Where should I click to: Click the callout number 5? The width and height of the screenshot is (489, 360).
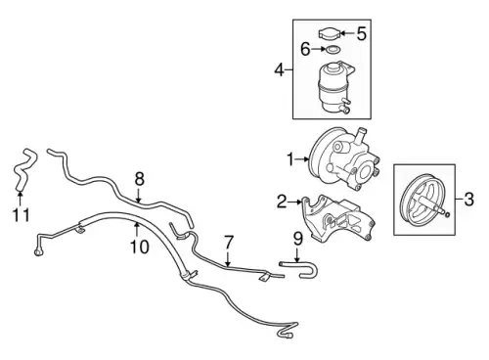point(361,33)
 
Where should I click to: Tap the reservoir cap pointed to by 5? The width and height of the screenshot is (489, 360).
point(330,33)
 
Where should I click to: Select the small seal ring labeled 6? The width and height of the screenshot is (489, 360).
point(333,50)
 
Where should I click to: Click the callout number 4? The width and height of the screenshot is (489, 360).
point(280,69)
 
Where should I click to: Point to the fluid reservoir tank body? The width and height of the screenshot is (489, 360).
point(334,87)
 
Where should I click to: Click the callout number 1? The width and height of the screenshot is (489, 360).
point(290,159)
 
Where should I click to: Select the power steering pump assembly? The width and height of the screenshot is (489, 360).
point(344,159)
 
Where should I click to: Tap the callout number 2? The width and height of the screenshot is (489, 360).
point(282,202)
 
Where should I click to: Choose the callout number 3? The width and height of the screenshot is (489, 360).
point(468,200)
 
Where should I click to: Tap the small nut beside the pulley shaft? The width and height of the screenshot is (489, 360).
point(448,214)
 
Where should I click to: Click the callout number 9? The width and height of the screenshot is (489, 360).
point(298,239)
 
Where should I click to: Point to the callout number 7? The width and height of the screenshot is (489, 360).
point(229,243)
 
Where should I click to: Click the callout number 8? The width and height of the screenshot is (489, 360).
point(139,179)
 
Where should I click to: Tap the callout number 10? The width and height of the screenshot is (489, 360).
point(140,247)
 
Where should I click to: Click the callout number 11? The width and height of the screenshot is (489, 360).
point(21,215)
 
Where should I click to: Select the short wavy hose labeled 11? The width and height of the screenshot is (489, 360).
point(24,169)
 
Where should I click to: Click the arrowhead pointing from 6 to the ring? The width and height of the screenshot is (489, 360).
point(323,49)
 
